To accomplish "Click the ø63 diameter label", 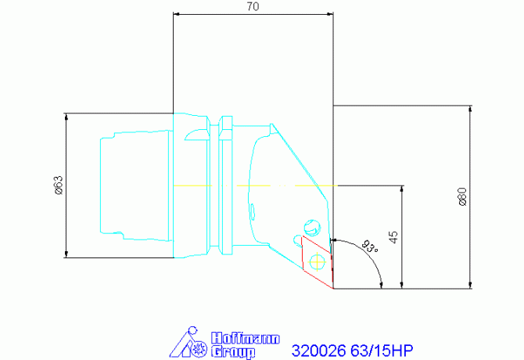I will [58, 185].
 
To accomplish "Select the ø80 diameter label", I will [462, 196].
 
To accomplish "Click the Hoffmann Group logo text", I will [234, 345].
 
